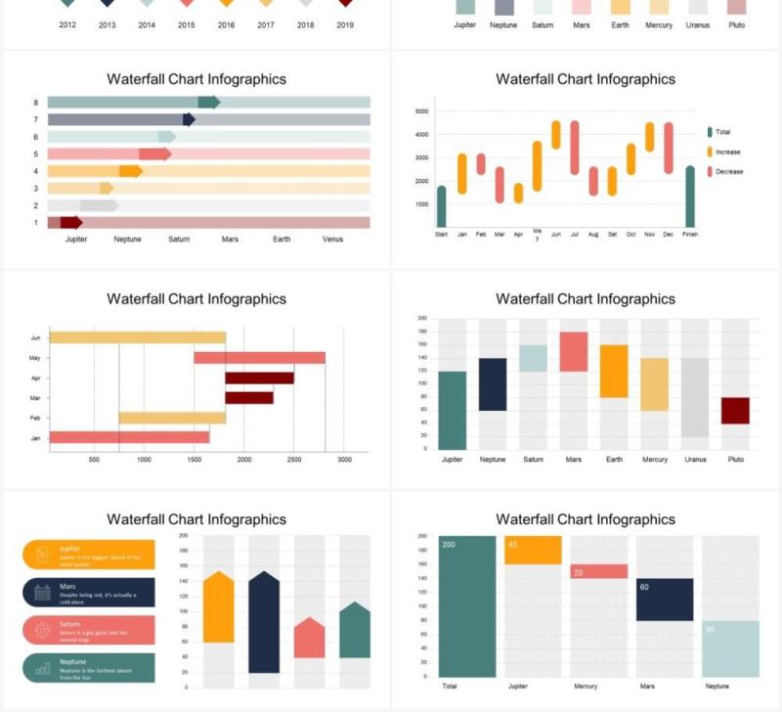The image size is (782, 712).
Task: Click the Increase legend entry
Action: [727, 152]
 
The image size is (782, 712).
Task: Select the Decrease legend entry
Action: [728, 171]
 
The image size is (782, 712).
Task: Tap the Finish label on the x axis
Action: [690, 235]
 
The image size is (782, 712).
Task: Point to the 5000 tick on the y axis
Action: [421, 111]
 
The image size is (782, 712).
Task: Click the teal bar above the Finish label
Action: [690, 196]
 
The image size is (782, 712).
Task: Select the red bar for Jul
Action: [575, 148]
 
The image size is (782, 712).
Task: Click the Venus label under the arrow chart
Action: [333, 239]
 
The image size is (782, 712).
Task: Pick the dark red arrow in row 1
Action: [70, 222]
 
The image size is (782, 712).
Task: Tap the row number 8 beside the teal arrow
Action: [35, 103]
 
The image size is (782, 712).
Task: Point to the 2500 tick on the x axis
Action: [294, 459]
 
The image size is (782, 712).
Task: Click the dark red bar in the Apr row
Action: [259, 378]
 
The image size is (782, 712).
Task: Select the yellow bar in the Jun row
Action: [138, 337]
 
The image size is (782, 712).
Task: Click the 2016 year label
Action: [226, 25]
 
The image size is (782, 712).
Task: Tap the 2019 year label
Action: [345, 25]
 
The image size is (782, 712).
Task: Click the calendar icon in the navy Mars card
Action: [42, 592]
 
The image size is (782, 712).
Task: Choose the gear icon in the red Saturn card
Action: [42, 630]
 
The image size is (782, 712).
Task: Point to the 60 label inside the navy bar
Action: [644, 587]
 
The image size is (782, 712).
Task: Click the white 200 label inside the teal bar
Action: [449, 545]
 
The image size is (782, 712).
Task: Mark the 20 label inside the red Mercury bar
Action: [578, 573]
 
